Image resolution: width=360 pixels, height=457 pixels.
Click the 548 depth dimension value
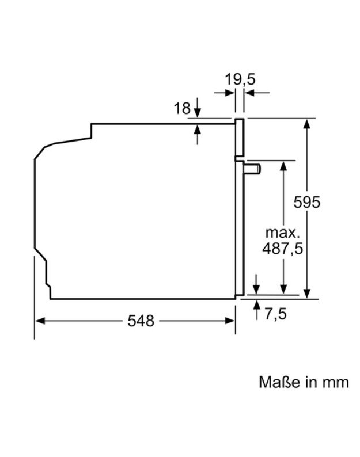click(x=141, y=321)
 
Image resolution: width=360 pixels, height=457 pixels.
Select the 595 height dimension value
click(x=306, y=202)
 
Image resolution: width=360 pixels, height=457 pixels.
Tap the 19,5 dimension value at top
click(x=240, y=79)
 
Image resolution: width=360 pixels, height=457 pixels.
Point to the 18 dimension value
click(x=182, y=108)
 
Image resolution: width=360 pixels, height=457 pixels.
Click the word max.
click(x=283, y=233)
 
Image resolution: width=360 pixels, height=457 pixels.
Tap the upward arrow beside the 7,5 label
click(x=256, y=304)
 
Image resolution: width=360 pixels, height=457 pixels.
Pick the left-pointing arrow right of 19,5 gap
click(x=249, y=92)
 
